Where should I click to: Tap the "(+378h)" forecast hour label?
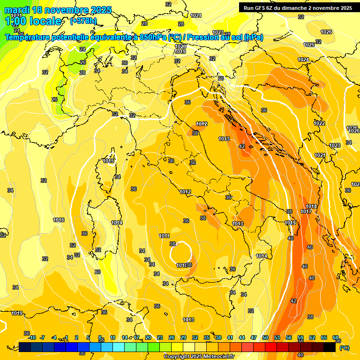[x=84, y=21]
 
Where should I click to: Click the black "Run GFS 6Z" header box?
[x=298, y=7]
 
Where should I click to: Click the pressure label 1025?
[x=309, y=45]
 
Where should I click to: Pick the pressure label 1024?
[x=304, y=60]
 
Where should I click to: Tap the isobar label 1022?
[x=320, y=123]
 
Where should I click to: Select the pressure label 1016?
[x=59, y=220]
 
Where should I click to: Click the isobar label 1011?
[x=164, y=236]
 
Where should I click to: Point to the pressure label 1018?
[x=311, y=207]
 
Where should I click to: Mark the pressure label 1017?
[x=306, y=212]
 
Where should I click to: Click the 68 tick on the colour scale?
[x=336, y=337]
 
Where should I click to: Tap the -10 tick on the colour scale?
[x=32, y=337]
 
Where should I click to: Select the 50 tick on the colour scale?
[x=265, y=337]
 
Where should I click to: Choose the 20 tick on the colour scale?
[x=148, y=337]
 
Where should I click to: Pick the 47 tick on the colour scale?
[x=254, y=337]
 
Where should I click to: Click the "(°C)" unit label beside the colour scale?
[x=344, y=348]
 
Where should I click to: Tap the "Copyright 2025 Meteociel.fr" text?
[x=199, y=356]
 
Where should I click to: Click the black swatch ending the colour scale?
[x=330, y=347]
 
